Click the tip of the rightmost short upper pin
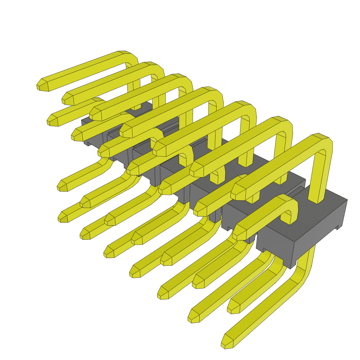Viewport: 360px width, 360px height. click(x=239, y=232)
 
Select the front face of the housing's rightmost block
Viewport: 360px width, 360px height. click(x=274, y=250)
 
